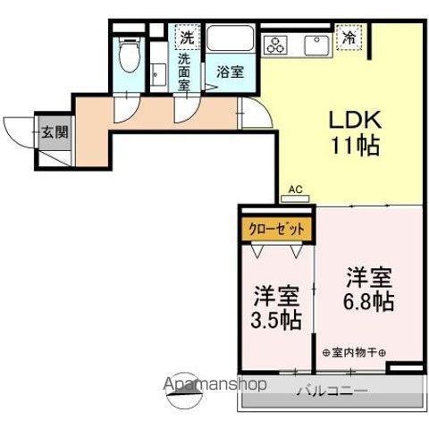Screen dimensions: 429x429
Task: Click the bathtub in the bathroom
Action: pyautogui.click(x=231, y=40)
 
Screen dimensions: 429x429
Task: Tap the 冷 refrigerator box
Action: pyautogui.click(x=348, y=38)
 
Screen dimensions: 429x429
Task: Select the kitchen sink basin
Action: pyautogui.click(x=317, y=42)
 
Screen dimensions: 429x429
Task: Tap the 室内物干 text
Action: pyautogui.click(x=354, y=351)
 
